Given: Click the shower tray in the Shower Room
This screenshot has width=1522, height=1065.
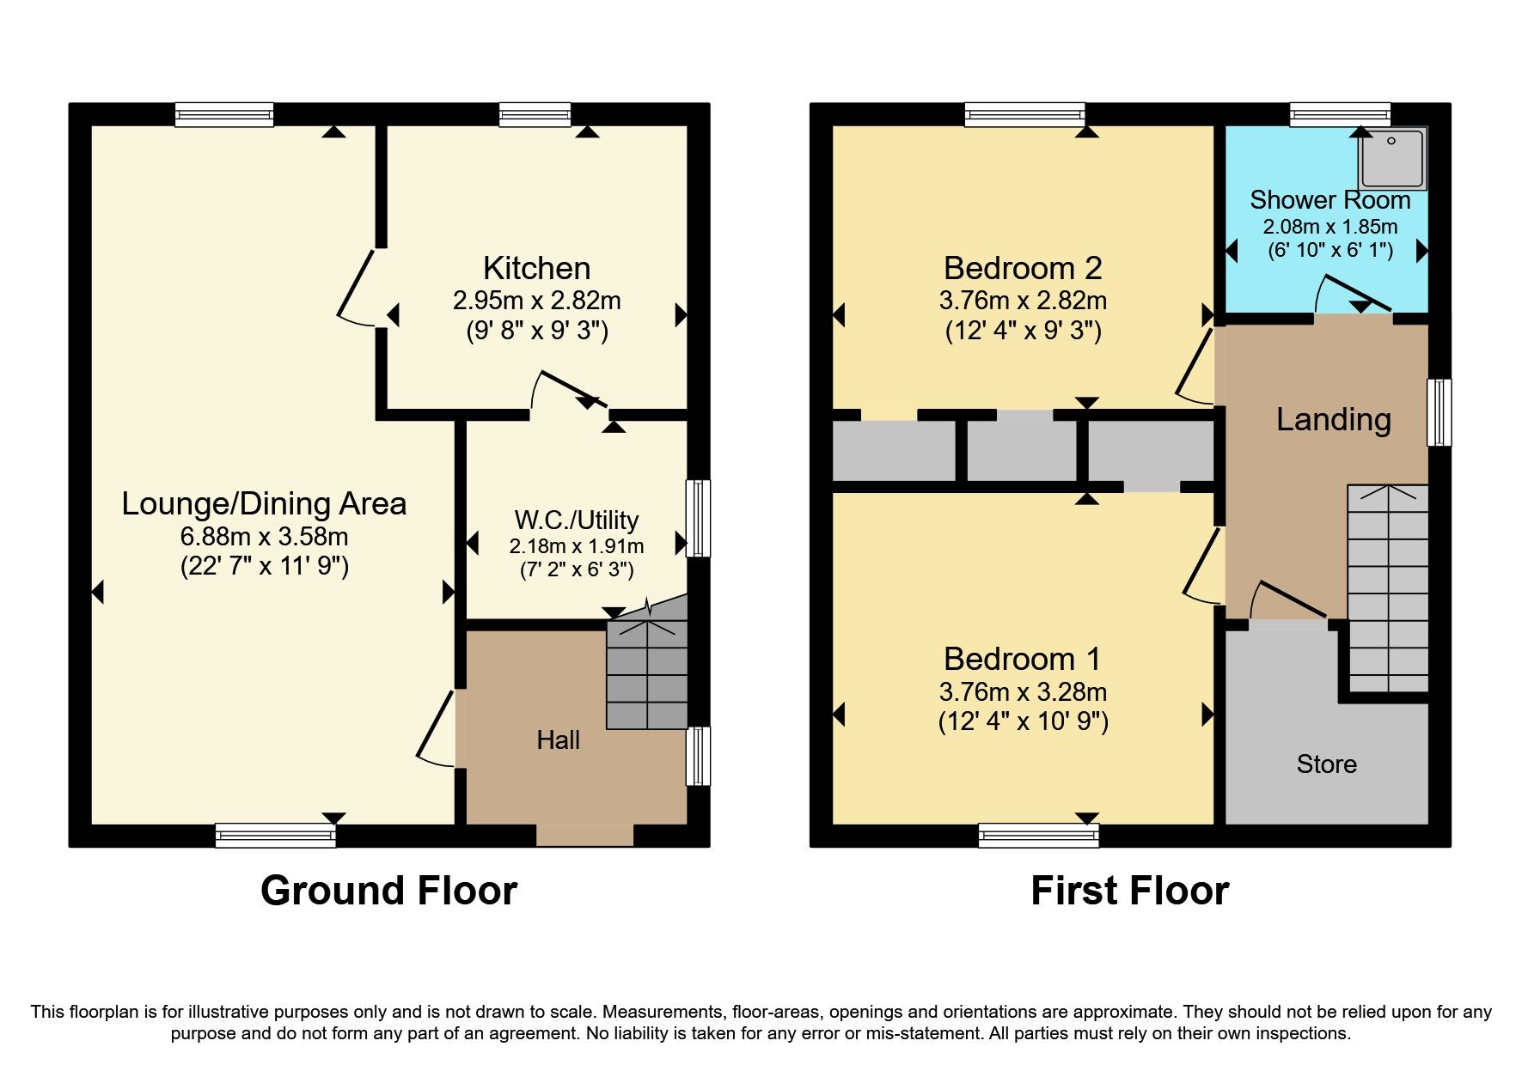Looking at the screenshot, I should pyautogui.click(x=1391, y=159).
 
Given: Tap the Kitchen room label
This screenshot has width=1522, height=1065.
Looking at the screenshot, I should pyautogui.click(x=536, y=269).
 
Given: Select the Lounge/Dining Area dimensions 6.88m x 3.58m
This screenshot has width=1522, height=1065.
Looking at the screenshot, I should pyautogui.click(x=264, y=537).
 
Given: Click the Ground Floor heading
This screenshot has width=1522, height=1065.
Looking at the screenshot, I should pyautogui.click(x=388, y=891).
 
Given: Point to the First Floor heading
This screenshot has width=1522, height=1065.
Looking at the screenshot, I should pyautogui.click(x=1129, y=891).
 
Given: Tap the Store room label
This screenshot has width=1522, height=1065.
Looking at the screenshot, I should pyautogui.click(x=1326, y=764).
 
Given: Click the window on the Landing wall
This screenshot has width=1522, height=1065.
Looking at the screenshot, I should pyautogui.click(x=1439, y=412).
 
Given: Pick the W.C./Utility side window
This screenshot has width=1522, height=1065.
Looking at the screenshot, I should pyautogui.click(x=698, y=518).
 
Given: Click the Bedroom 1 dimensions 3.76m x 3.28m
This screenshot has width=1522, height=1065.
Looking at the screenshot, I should pyautogui.click(x=1023, y=692).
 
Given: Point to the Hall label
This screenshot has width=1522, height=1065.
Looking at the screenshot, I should pyautogui.click(x=558, y=740).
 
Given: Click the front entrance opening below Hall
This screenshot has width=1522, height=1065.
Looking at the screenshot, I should pyautogui.click(x=584, y=835).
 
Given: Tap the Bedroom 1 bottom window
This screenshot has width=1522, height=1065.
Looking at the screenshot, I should pyautogui.click(x=1038, y=835).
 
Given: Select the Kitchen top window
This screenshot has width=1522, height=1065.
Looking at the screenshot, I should pyautogui.click(x=535, y=114).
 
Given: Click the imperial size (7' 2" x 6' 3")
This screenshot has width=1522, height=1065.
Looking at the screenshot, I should pyautogui.click(x=576, y=569).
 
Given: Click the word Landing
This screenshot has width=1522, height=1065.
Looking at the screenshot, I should pyautogui.click(x=1333, y=420).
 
